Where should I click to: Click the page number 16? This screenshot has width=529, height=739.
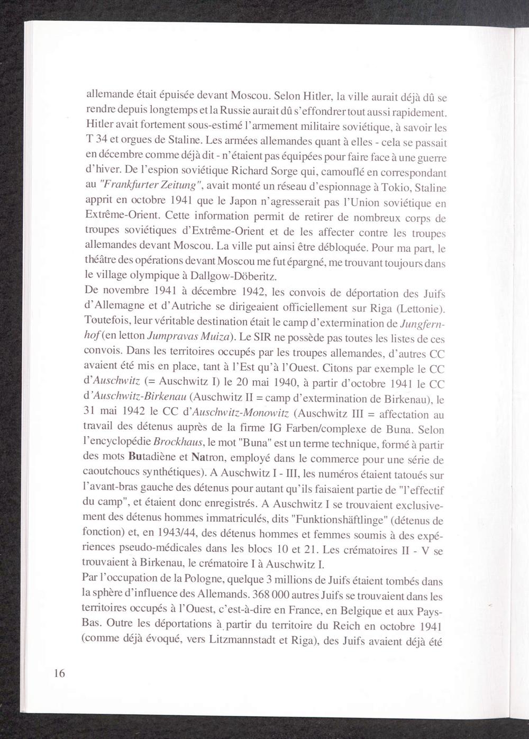59,673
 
